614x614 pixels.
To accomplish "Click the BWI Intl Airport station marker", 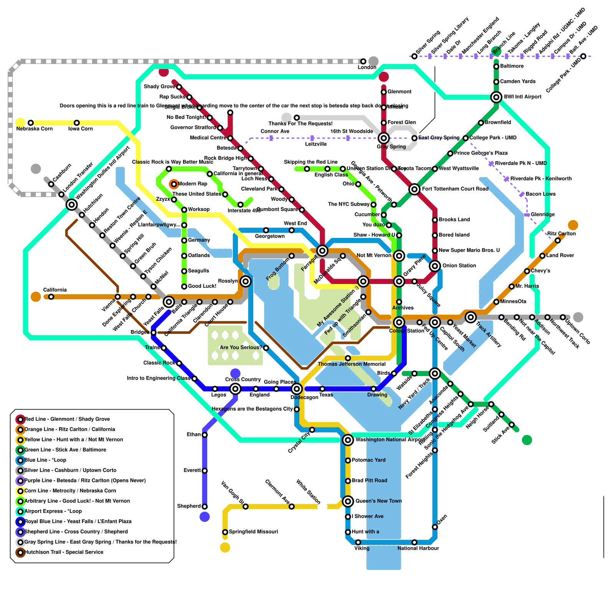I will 496,97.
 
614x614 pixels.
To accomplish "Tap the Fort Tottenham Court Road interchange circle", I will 414,189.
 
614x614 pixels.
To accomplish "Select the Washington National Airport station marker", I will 348,440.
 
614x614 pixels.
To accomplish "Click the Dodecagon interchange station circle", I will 296,389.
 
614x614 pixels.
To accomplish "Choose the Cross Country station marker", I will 235,389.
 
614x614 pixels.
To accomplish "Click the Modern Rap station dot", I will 174,184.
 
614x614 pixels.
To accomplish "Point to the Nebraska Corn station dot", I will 31,123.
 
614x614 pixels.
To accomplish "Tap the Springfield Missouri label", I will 253,531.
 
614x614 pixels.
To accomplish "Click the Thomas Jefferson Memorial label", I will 352,364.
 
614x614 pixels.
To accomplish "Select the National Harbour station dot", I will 414,542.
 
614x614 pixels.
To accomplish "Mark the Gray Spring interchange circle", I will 383,138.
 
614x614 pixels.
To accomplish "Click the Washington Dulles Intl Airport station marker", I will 71,205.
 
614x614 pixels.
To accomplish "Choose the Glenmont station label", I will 399,92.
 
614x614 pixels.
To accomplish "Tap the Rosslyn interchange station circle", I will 246,281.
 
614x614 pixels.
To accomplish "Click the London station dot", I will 363,61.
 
